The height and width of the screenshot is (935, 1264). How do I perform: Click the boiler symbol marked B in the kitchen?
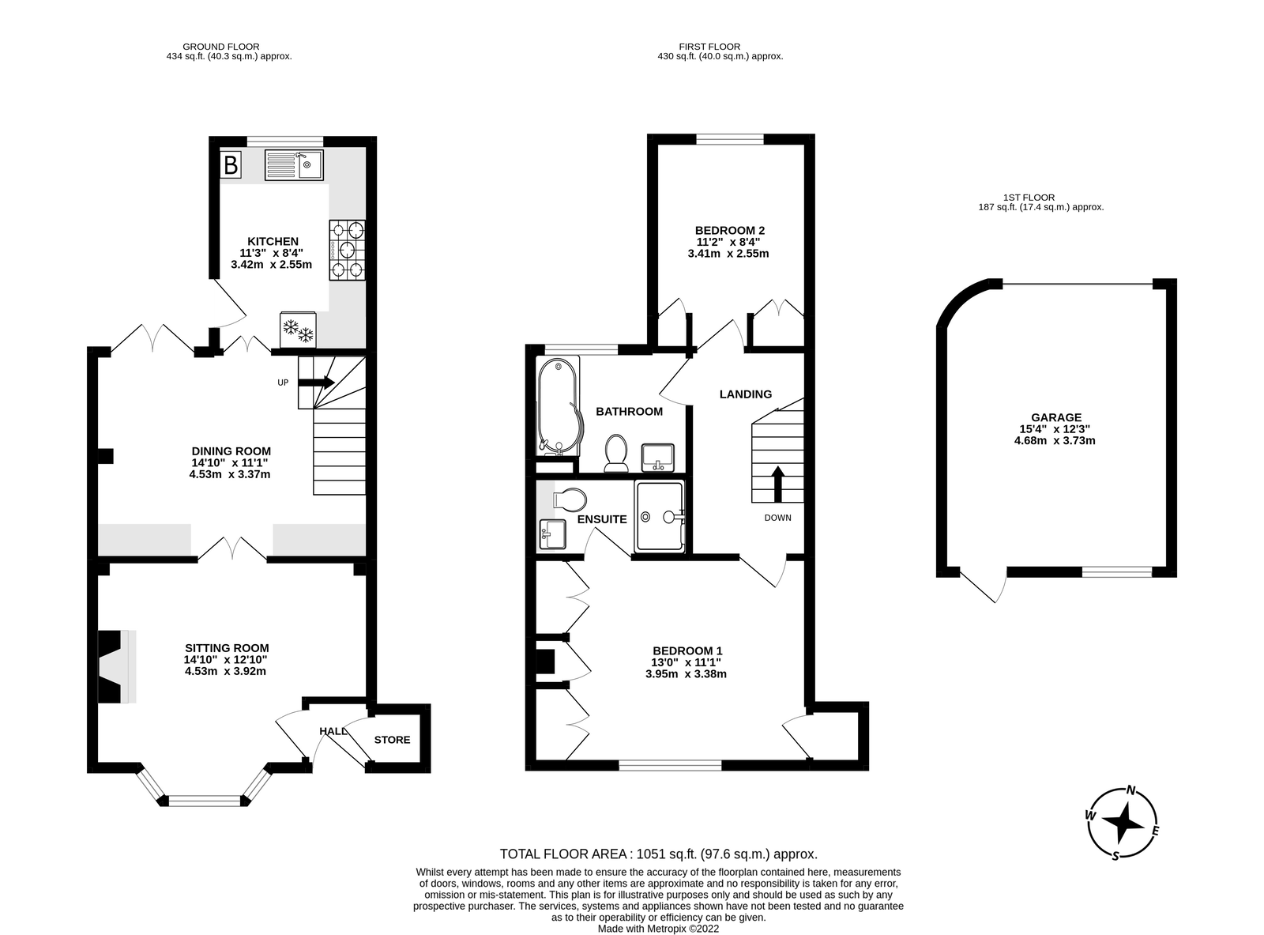click(x=231, y=165)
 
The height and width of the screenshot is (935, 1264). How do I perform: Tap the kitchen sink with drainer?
click(x=294, y=164)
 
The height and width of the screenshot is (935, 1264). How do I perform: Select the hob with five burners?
click(x=347, y=251)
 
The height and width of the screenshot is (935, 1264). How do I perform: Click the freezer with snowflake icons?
click(x=298, y=330)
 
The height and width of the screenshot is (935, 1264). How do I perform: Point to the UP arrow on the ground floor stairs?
click(x=316, y=383)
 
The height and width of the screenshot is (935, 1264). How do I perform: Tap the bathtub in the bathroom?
click(x=559, y=406)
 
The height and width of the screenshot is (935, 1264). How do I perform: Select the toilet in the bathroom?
click(x=615, y=453)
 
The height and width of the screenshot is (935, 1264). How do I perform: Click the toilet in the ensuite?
click(x=570, y=500)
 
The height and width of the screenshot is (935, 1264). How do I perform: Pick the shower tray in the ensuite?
click(x=660, y=516)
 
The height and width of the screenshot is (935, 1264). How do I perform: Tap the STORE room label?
click(x=392, y=740)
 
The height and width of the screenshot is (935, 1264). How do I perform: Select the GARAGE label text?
click(x=1056, y=417)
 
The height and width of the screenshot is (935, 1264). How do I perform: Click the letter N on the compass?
click(x=1131, y=790)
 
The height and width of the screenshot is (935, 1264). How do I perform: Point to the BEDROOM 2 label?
click(x=729, y=230)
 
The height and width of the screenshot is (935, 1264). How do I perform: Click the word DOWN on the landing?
click(x=778, y=518)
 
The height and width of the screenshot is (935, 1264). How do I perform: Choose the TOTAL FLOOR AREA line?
click(x=659, y=854)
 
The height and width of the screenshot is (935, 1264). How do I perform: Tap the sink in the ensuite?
click(x=552, y=533)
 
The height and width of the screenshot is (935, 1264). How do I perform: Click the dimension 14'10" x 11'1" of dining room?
click(x=230, y=463)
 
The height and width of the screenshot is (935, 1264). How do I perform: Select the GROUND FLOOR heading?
click(x=221, y=47)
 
